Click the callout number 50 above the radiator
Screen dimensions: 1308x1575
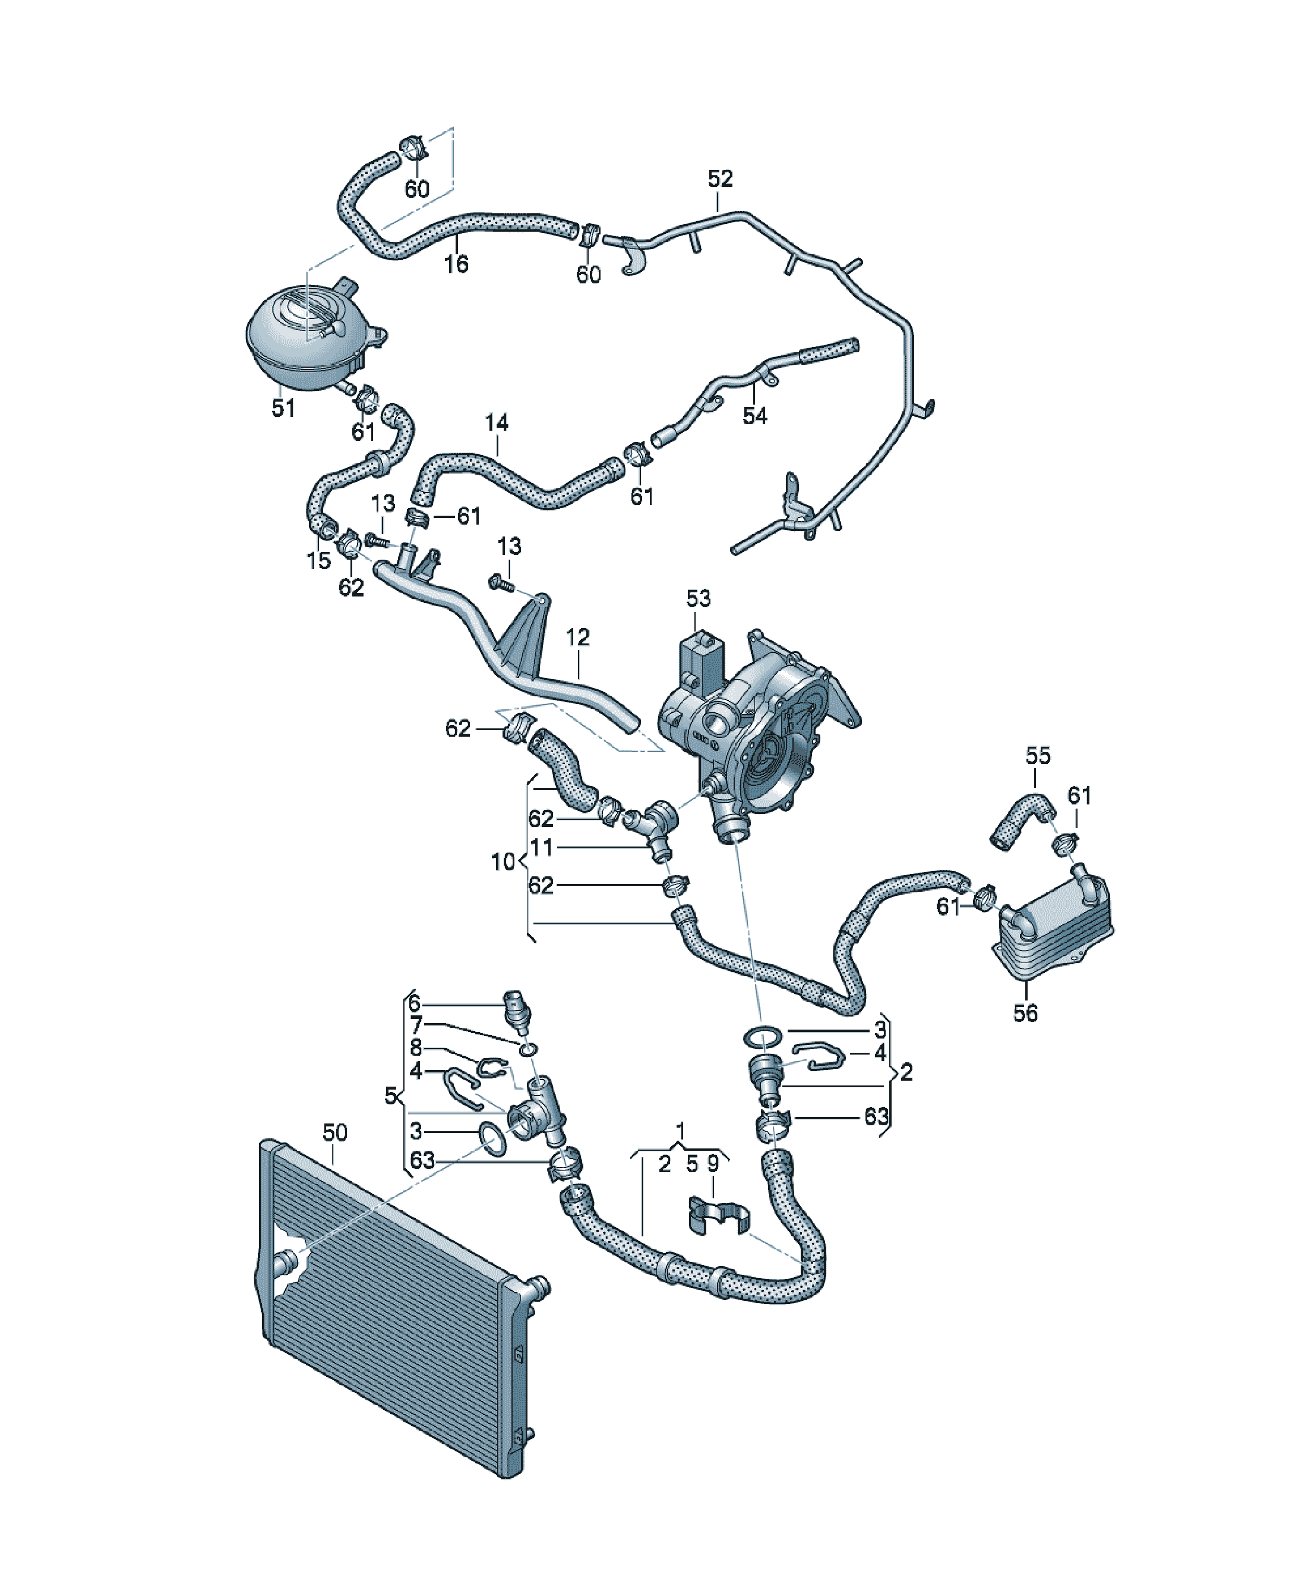pos(334,1132)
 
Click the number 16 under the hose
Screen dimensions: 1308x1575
pos(456,264)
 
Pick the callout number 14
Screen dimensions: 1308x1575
pos(497,423)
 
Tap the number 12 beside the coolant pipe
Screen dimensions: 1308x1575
pos(577,637)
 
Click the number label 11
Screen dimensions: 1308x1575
pos(542,847)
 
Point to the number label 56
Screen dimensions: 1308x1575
pos(1025,1013)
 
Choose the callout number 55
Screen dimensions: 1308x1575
pos(1038,755)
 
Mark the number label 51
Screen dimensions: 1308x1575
pos(283,409)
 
